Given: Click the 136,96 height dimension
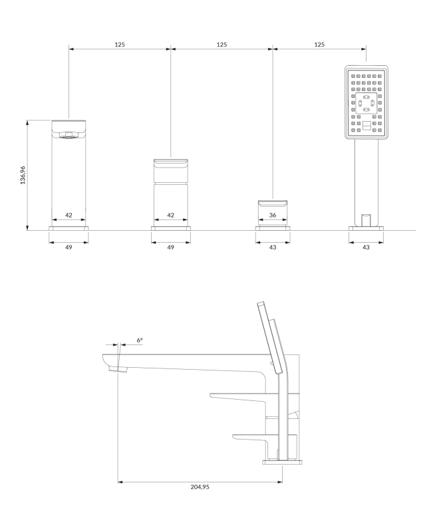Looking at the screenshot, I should coord(23,175).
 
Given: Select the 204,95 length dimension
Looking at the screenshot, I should coord(199,487).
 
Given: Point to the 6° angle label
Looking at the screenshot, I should coord(140,340).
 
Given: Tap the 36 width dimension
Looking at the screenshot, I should coord(273,215).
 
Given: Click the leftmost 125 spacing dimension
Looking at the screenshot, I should coord(120,45).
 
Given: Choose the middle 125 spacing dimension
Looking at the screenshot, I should coord(221,45).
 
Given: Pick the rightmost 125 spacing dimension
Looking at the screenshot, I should coord(319,45).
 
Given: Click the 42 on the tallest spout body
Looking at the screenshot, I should coord(69,215).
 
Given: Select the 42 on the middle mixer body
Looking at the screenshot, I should coord(170,215).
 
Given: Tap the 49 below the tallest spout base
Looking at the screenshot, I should coord(69,247).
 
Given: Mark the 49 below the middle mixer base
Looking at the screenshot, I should coord(170,247).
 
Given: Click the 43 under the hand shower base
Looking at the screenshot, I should coord(366,247).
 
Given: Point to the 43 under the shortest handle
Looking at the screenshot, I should coord(273,247).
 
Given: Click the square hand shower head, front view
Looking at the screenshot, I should coord(366,103).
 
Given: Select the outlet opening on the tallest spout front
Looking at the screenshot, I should coord(69,135).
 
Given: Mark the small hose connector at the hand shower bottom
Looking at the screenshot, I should coord(365,219).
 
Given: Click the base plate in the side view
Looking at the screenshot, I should coord(282,461).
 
